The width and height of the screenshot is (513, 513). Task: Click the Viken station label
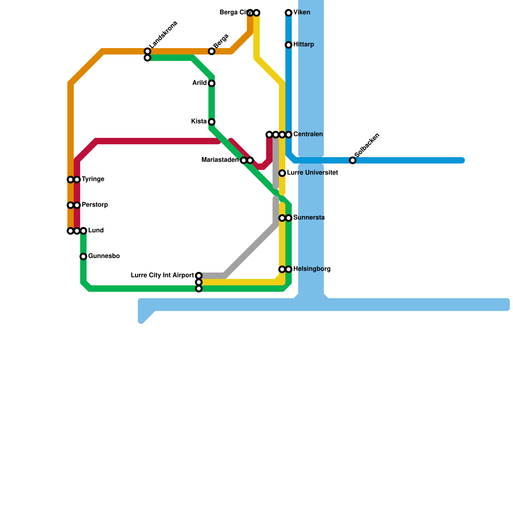coord(302,13)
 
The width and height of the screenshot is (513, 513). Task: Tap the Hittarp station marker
coord(289,45)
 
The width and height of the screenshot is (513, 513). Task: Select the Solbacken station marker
coord(353,160)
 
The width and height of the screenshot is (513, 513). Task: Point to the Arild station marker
coord(212,83)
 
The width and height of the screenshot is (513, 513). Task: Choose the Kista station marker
coord(212,122)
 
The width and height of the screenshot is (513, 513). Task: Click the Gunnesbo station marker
coord(83,256)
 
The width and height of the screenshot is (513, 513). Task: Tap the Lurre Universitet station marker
coord(282,173)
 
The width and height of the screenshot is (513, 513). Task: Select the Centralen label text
coord(308,134)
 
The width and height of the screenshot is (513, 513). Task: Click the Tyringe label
coord(93,179)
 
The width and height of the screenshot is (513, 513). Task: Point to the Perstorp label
coord(95,205)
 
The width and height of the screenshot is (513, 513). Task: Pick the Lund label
coord(96,231)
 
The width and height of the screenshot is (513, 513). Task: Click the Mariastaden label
coord(220,160)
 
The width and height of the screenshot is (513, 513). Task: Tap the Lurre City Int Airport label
coord(163,275)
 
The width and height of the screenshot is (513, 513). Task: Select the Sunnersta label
coord(309,218)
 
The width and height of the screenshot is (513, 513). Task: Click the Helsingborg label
coord(312,269)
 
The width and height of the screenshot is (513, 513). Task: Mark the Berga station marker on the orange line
coord(212,51)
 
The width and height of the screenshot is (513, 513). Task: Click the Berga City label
coord(233,13)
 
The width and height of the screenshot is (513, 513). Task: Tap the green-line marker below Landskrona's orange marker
coord(147,58)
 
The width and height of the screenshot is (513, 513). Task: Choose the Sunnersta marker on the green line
coord(289,218)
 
